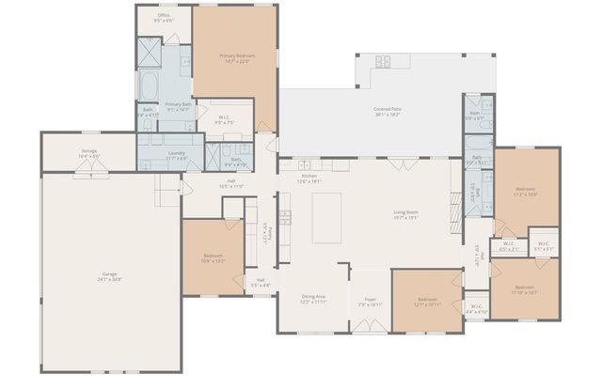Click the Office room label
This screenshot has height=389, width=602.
click(x=164, y=18)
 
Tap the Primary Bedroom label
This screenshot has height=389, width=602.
click(x=236, y=59)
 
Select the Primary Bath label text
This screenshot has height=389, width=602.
click(x=178, y=106)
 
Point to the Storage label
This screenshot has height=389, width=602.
click(x=88, y=153)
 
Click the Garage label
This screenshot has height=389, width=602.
click(x=110, y=276)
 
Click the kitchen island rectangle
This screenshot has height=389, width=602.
click(x=326, y=217)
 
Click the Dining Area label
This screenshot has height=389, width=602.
click(x=313, y=300)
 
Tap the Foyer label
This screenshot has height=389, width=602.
click(x=370, y=302)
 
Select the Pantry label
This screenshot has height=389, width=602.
click(x=268, y=231)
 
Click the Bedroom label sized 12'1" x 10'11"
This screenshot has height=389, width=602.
click(x=427, y=302)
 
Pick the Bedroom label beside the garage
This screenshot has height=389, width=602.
click(x=214, y=258)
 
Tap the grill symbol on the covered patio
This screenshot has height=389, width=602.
click(x=384, y=62)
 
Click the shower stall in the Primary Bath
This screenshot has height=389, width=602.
click(x=150, y=52)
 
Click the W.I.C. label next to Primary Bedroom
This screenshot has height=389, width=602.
click(x=225, y=120)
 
